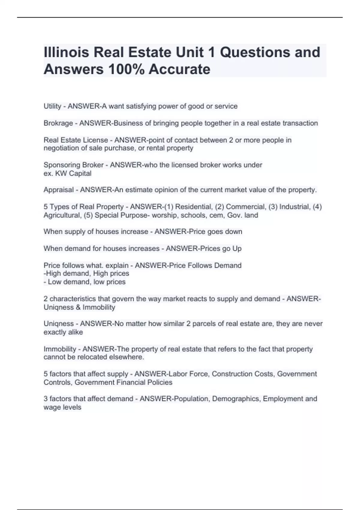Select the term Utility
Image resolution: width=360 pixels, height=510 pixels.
(52, 106)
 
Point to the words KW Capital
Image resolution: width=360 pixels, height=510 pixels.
(73, 173)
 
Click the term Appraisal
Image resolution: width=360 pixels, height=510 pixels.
(58, 190)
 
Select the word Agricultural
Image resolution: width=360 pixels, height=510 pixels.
(62, 215)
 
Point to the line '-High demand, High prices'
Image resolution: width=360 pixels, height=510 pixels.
(86, 274)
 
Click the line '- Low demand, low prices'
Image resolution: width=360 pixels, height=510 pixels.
(85, 282)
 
